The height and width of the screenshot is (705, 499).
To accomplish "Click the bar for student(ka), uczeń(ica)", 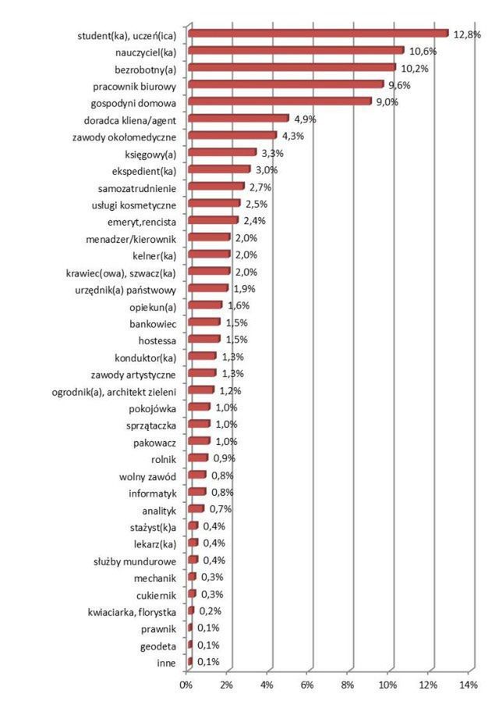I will click(318, 34).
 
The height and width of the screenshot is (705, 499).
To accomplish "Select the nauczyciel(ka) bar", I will click(296, 51).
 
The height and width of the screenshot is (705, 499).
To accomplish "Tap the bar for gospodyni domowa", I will click(279, 101).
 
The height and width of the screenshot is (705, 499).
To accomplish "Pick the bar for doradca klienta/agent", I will click(238, 119).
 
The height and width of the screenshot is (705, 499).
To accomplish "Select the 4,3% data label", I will click(293, 136).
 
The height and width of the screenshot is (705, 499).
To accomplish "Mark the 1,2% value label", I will click(229, 391).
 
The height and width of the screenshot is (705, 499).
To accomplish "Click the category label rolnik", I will click(164, 459).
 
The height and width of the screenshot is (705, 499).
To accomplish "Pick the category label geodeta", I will click(160, 646).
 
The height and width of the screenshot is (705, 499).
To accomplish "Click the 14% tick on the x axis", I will click(469, 685).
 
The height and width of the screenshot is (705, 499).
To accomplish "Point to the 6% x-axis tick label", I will click(307, 685).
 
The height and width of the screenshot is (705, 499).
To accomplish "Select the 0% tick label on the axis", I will click(186, 685).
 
